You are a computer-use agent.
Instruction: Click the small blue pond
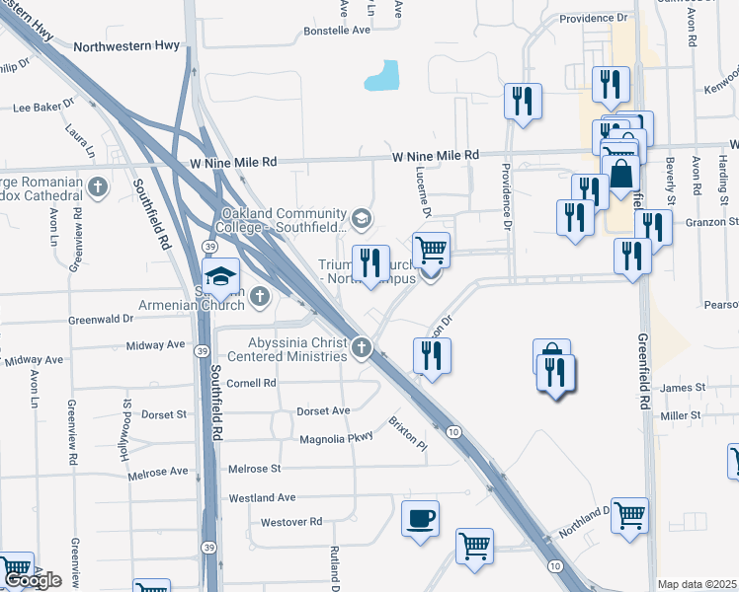coord(382,76)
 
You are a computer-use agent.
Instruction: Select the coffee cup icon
coord(421,518)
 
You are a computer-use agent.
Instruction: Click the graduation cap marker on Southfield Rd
coord(221,277)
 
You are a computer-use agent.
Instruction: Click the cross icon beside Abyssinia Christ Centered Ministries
coord(362,347)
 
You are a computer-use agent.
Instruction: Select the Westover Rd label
coord(291,521)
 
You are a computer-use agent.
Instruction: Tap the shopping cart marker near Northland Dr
coord(629,515)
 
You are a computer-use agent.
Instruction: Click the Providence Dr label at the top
coord(593,18)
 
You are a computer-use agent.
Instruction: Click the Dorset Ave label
coord(324,410)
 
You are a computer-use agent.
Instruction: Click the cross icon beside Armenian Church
coord(259,294)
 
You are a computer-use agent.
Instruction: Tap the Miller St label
coord(680,416)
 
